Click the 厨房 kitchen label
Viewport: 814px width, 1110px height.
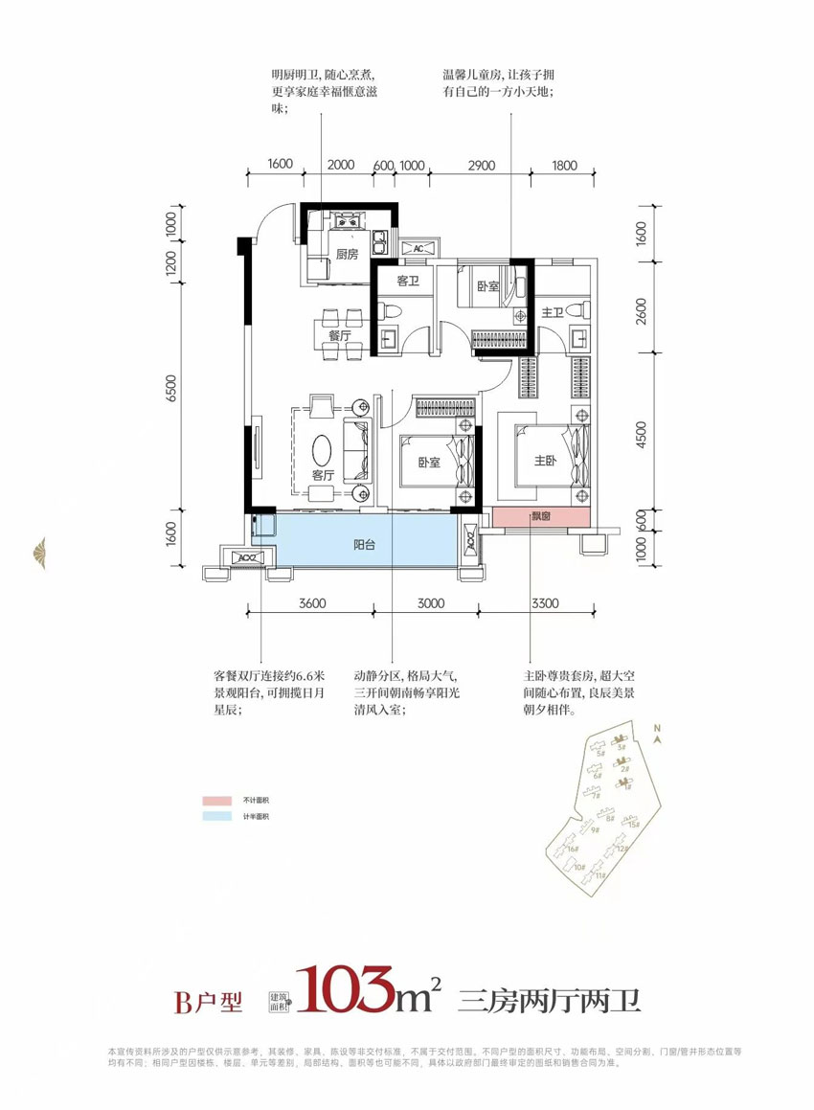(347, 255)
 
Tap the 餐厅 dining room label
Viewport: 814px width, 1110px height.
(338, 336)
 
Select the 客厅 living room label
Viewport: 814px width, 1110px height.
(322, 474)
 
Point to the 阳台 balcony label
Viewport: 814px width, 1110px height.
(363, 544)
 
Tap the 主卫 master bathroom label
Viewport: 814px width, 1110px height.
(553, 312)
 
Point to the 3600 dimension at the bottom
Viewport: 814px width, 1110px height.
(313, 603)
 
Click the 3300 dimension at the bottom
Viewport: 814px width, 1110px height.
(544, 603)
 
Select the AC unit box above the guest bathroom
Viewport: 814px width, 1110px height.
(418, 248)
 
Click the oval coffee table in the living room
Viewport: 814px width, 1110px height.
(323, 448)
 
